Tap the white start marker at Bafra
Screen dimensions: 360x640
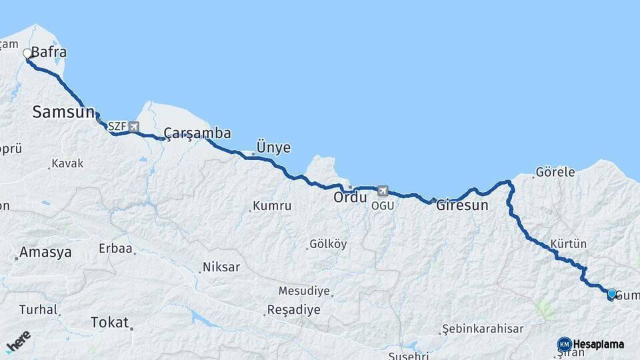click(28, 53)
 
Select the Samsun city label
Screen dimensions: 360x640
click(63, 112)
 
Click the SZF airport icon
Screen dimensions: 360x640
click(135, 126)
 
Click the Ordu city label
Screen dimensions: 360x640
click(351, 197)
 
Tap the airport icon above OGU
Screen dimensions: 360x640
click(383, 191)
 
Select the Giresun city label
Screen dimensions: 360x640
click(462, 205)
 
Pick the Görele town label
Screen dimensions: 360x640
click(555, 172)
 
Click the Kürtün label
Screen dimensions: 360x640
click(569, 244)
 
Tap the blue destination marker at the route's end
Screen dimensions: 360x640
click(611, 293)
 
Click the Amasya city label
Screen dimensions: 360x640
click(45, 253)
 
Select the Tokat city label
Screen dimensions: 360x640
click(109, 323)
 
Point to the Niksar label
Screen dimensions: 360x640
click(221, 267)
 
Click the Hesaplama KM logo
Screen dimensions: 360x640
click(591, 344)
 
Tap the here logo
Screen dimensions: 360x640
click(19, 341)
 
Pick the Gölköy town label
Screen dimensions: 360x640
click(328, 244)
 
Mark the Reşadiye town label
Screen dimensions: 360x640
click(293, 310)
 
